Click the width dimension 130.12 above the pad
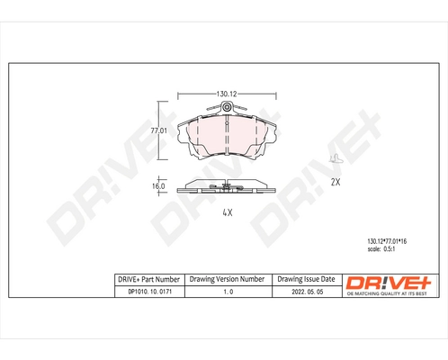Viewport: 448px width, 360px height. tap(226, 93)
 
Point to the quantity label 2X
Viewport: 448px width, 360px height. tap(336, 182)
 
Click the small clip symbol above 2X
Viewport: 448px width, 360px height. tap(336, 159)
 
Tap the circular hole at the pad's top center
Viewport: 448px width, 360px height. tap(227, 110)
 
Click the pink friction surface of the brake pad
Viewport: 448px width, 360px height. tap(227, 135)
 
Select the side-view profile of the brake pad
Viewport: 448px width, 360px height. tap(227, 187)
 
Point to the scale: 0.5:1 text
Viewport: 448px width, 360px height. tap(375, 251)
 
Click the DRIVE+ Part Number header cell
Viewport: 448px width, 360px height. tap(148, 280)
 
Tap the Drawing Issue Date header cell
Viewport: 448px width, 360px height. tap(306, 280)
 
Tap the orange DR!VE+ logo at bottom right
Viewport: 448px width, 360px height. tap(390, 282)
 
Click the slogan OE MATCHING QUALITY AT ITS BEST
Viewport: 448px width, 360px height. tap(390, 293)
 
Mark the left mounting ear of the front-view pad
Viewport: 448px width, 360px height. tap(183, 137)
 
